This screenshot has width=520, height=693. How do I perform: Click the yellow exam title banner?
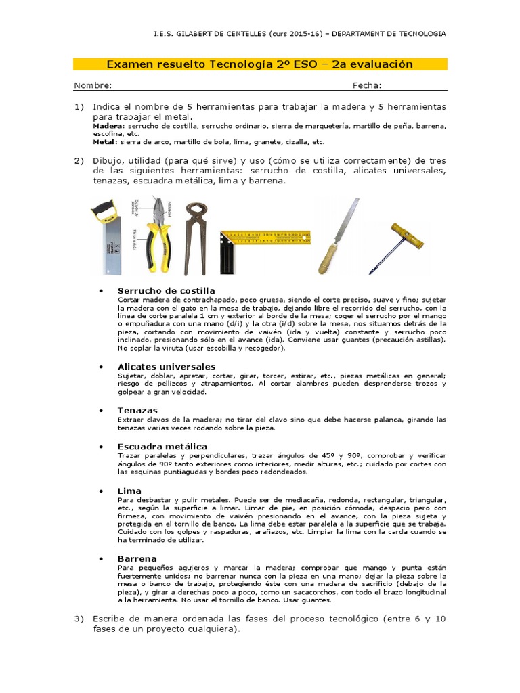(260, 64)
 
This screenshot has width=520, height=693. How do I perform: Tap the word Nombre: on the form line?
(93, 85)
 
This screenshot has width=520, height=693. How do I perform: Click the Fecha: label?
(366, 85)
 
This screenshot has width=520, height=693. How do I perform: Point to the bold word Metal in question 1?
(104, 142)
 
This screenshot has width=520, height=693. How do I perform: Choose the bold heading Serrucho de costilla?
(166, 291)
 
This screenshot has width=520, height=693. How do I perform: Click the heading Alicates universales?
(167, 367)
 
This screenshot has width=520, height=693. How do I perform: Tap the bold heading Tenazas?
(137, 411)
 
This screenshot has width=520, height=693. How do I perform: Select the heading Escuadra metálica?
(162, 447)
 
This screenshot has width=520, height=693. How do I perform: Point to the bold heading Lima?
(129, 491)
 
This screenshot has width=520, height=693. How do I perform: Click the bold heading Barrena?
(137, 558)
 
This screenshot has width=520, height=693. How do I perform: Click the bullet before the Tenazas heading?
(102, 411)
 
